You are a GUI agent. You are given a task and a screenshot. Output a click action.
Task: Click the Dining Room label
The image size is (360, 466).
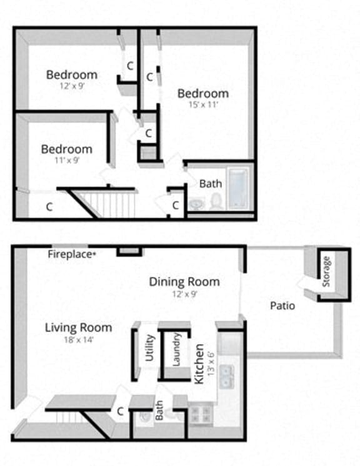[x=184, y=281]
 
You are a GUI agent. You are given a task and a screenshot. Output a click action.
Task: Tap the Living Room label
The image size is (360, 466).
[x=79, y=327]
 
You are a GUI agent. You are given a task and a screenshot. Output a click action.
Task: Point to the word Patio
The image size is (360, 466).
[x=282, y=306]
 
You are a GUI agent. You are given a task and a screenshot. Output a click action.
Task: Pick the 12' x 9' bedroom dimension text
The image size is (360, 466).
[x=71, y=86]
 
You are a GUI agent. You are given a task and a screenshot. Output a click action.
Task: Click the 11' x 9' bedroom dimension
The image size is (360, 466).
[x=67, y=160]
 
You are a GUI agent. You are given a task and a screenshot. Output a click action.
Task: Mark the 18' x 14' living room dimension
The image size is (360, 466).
[x=79, y=340]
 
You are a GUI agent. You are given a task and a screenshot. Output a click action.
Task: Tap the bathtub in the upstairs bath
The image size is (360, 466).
[x=239, y=188]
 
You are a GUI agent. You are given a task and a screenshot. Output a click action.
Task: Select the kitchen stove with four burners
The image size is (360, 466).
[x=201, y=413]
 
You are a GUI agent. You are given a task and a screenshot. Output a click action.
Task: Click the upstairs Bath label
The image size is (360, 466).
[x=211, y=184]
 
